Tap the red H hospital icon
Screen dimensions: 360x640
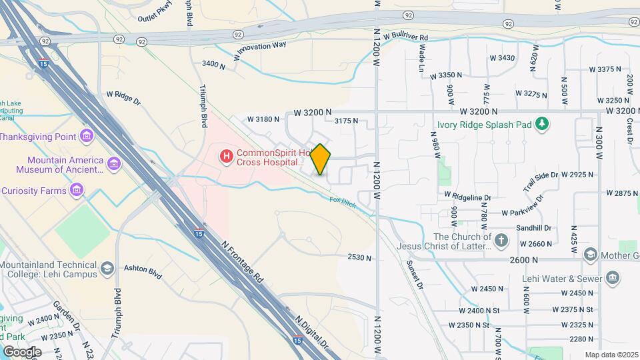point(227,157)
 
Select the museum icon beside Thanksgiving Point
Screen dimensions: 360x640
point(86,137)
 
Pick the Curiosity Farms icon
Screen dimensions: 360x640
point(77,191)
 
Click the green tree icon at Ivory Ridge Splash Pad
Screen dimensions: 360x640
point(543,124)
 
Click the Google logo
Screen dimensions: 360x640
point(22,351)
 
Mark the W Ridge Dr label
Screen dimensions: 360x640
point(123,98)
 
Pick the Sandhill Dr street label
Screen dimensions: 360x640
point(533,227)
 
